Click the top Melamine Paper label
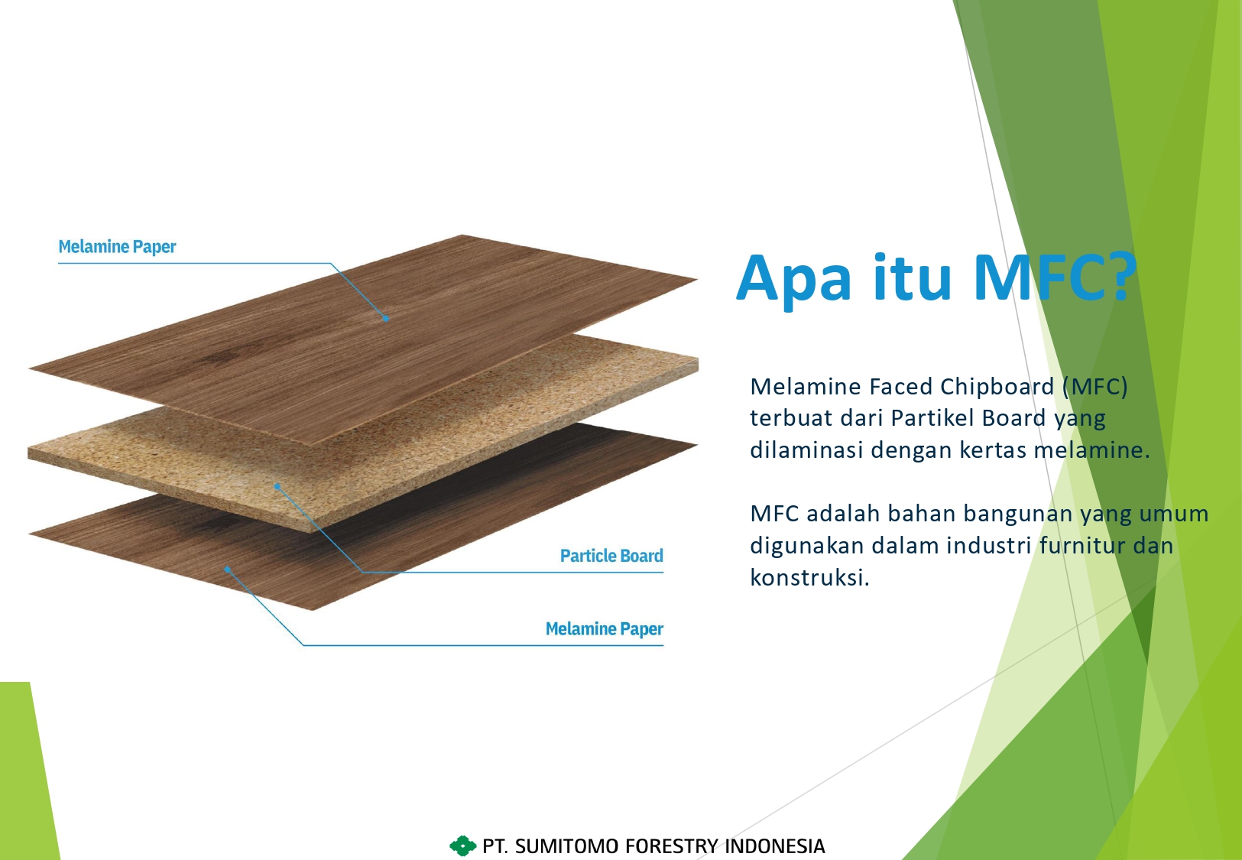tap(117, 247)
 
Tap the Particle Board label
tap(611, 556)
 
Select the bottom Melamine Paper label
tap(605, 629)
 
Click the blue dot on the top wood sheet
tap(386, 318)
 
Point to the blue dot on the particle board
tap(277, 486)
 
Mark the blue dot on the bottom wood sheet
tap(227, 570)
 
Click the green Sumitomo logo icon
tap(462, 845)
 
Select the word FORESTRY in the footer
tap(672, 846)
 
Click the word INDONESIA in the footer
tap(775, 846)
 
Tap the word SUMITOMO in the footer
tap(566, 846)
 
